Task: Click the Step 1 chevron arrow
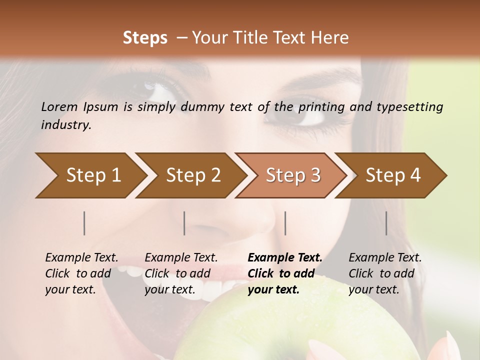click(x=90, y=175)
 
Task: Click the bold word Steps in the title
click(x=145, y=37)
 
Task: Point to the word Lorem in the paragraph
click(x=59, y=106)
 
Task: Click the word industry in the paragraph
click(x=65, y=124)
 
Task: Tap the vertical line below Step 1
click(x=84, y=223)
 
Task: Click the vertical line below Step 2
click(x=184, y=223)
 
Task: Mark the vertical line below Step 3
click(x=285, y=223)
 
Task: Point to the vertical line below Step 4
click(x=386, y=223)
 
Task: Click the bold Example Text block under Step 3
click(x=284, y=273)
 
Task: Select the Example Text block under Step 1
click(x=81, y=273)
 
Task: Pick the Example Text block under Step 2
click(x=181, y=273)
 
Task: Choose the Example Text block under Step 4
click(x=385, y=273)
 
